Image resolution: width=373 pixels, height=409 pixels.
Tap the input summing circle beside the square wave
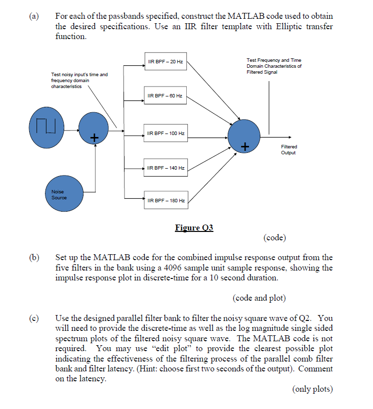(x=93, y=128)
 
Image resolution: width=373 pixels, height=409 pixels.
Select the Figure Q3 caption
(x=194, y=227)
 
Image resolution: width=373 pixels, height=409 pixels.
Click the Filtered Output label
(x=289, y=149)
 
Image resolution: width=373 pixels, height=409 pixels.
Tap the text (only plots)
(x=306, y=389)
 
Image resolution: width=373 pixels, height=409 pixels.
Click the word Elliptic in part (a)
(x=271, y=27)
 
